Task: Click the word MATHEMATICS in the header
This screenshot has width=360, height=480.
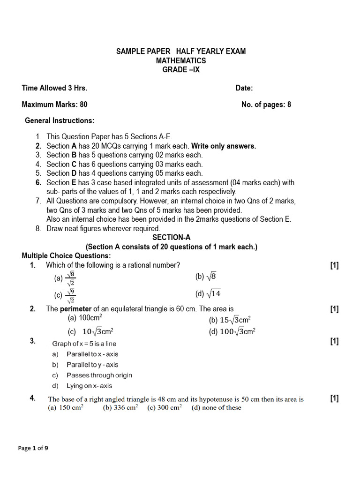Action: coord(180,60)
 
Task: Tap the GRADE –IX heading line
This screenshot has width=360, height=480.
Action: coord(180,70)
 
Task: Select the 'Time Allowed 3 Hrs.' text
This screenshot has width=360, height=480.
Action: coord(54,88)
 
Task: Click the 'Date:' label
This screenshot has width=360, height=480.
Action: coord(244,88)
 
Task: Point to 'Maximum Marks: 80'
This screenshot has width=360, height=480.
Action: coord(54,105)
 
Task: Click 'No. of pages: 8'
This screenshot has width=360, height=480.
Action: coord(266,105)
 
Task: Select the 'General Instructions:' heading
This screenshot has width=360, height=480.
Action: coord(60,120)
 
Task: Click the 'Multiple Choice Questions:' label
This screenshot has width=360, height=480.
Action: coord(66,255)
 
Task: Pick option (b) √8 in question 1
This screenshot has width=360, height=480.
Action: coord(206,277)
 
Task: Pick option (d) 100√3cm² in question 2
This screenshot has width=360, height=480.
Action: coord(232,332)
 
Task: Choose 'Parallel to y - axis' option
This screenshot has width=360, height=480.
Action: coord(92,365)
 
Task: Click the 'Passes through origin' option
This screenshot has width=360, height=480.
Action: coord(99,375)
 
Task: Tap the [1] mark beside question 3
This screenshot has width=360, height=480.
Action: coord(334,341)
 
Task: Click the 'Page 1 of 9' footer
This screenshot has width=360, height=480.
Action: coord(33,448)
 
